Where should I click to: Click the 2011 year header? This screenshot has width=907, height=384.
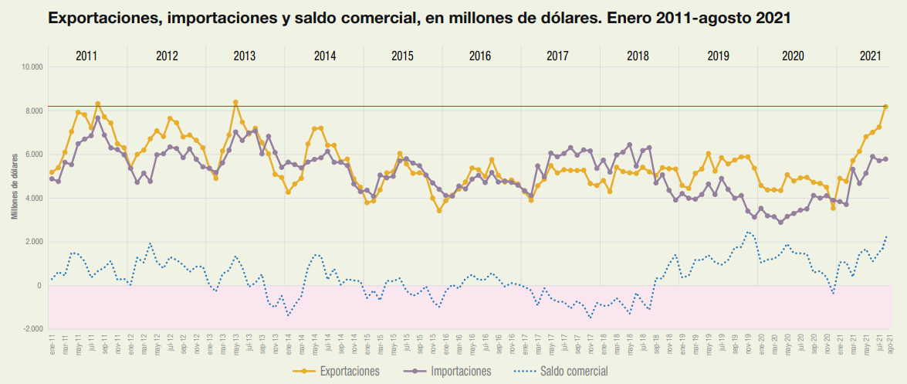(x=86, y=56)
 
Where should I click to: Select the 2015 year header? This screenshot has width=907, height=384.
(x=402, y=56)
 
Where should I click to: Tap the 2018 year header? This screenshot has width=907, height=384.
(x=638, y=56)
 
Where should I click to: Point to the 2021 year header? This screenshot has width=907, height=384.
(x=870, y=56)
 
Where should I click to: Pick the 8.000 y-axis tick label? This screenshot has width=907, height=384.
(x=32, y=111)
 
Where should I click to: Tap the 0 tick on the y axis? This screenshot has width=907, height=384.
(x=39, y=286)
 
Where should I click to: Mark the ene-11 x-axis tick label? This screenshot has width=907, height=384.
(x=52, y=346)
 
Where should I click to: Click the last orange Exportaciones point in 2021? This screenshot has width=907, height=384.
(x=886, y=107)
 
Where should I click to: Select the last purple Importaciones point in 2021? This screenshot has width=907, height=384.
(x=886, y=159)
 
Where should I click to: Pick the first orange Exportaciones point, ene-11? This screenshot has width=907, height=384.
(x=52, y=172)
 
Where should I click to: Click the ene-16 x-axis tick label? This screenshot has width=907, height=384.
(x=446, y=346)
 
